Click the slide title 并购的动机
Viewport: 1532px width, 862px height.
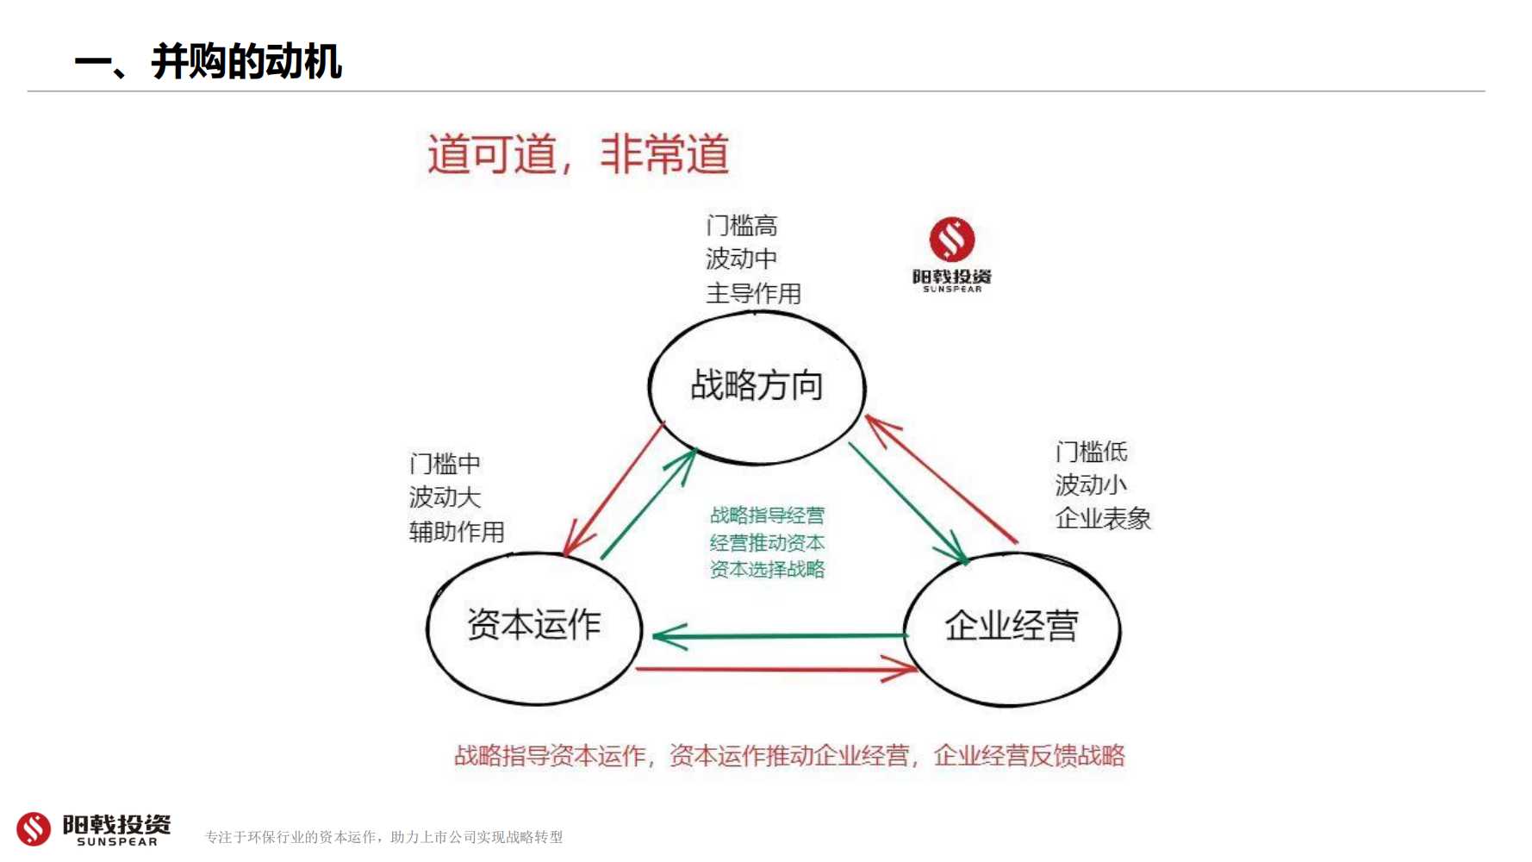pos(246,62)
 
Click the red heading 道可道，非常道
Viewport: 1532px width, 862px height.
pos(578,154)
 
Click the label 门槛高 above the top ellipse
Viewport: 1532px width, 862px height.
pos(742,226)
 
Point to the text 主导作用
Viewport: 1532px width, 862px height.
pos(754,293)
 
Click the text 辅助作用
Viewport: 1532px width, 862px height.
pos(457,531)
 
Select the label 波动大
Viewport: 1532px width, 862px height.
pos(445,497)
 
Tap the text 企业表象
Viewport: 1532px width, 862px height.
pos(1103,518)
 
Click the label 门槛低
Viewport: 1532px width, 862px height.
pos(1091,452)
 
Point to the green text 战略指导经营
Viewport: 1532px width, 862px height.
pos(767,515)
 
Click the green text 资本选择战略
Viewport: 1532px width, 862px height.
pos(767,569)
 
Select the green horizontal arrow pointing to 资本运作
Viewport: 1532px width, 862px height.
pos(780,636)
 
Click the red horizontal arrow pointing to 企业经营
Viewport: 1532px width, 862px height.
pos(776,668)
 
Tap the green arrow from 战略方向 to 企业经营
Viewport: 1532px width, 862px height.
pos(908,503)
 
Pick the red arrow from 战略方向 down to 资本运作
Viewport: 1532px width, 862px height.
pos(613,488)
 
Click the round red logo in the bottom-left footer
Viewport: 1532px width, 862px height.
pos(34,828)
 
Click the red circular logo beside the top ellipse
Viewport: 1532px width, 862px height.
pos(952,240)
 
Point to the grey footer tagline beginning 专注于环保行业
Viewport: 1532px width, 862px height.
pos(383,837)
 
